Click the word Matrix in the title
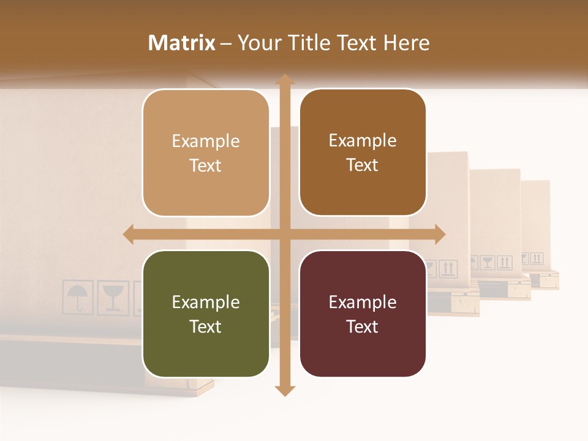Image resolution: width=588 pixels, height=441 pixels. (x=182, y=43)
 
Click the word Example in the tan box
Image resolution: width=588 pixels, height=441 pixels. (x=206, y=141)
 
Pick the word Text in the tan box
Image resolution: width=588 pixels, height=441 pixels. (x=206, y=165)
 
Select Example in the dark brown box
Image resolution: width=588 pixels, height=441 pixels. (x=363, y=141)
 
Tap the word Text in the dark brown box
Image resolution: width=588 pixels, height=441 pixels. (x=363, y=165)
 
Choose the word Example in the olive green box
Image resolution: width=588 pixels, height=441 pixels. (x=206, y=303)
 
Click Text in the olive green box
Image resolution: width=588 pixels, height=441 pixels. (x=206, y=326)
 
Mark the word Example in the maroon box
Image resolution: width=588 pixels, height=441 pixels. (x=363, y=303)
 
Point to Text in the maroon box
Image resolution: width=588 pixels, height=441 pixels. (x=363, y=326)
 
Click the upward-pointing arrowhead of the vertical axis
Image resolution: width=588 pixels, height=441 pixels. (x=284, y=79)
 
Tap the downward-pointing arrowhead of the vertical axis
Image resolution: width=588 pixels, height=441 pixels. (x=284, y=390)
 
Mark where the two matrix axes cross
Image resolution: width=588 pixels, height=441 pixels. (x=284, y=235)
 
